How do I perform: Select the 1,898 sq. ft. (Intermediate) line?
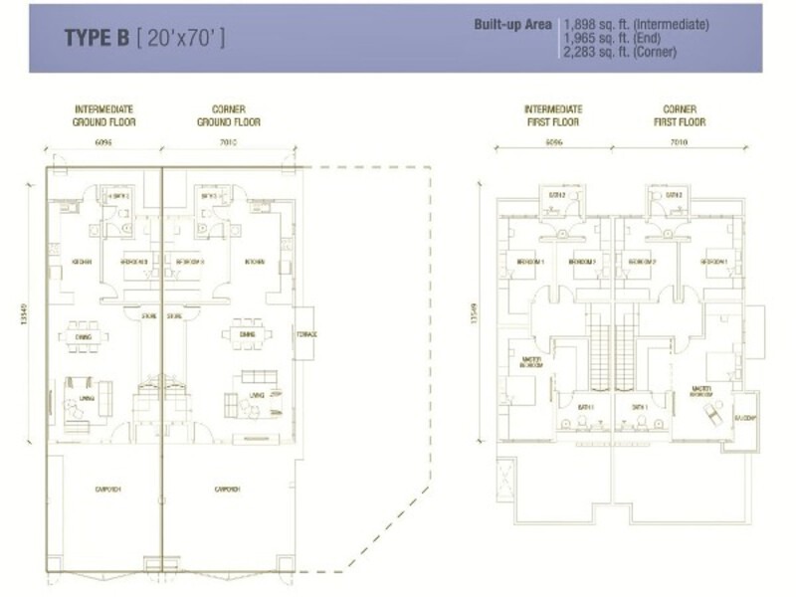click(x=629, y=22)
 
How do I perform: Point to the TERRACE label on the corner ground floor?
click(x=306, y=333)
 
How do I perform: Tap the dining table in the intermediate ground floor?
click(x=86, y=336)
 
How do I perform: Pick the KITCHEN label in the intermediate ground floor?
click(x=83, y=262)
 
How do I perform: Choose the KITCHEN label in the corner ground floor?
click(x=255, y=262)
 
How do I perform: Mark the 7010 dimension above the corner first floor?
click(x=681, y=142)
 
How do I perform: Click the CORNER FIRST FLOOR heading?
click(x=681, y=114)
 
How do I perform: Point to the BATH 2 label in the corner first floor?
click(x=674, y=195)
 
